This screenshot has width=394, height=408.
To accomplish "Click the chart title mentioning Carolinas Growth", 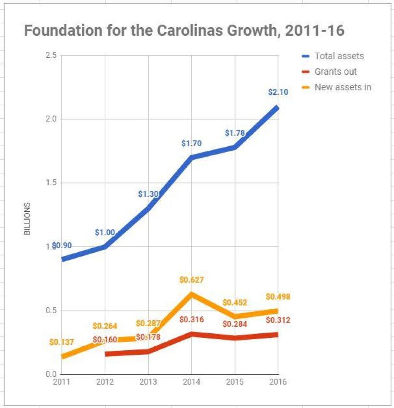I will coord(184,30).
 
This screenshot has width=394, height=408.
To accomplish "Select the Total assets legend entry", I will coord(338,56).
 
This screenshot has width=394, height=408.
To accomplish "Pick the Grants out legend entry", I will coord(335,72).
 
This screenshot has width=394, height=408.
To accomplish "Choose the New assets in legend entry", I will coord(343,87).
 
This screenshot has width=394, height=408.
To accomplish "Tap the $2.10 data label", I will coord(278,92).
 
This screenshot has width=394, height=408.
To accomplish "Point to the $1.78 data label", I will coord(234,132).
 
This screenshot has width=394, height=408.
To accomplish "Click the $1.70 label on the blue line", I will coord(191,144).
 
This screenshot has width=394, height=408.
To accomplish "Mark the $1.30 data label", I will coord(148,194).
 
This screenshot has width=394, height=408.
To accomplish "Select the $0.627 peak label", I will coord(191,280).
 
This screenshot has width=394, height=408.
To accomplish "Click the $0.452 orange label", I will coord(235,303).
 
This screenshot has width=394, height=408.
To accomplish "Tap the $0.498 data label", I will coord(278,297).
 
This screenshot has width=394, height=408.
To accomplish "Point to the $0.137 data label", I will coord(61,342).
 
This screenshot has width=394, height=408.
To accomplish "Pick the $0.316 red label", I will coord(191,319).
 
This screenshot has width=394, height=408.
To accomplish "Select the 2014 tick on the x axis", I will coord(191,382).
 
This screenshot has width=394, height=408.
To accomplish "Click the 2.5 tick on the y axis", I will coord(51,55).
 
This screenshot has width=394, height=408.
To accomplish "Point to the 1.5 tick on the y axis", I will coord(51,183).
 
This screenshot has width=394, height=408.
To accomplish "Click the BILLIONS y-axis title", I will coord(28,219).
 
